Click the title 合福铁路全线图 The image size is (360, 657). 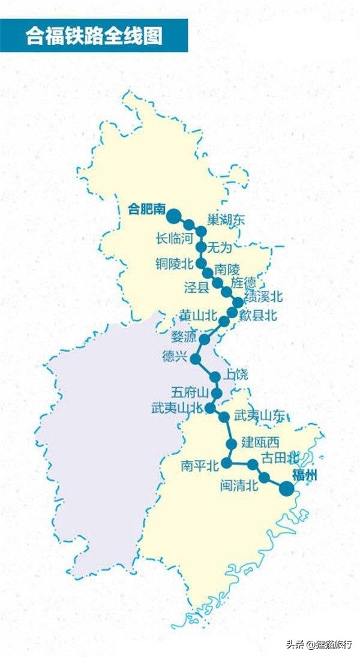click(94, 35)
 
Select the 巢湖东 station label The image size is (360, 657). click(226, 220)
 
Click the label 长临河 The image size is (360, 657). click(175, 238)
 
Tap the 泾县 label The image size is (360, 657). click(196, 287)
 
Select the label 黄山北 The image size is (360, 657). click(198, 314)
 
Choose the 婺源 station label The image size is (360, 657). click(183, 335)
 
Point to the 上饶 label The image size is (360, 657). click(236, 374)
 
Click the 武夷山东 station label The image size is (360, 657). click(260, 415)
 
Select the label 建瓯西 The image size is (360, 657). click(260, 443)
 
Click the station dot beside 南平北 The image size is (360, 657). click(227, 463)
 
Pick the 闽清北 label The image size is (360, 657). click(239, 485)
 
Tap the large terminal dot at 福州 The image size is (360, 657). click(287, 489)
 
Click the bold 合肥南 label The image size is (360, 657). click(147, 209)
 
